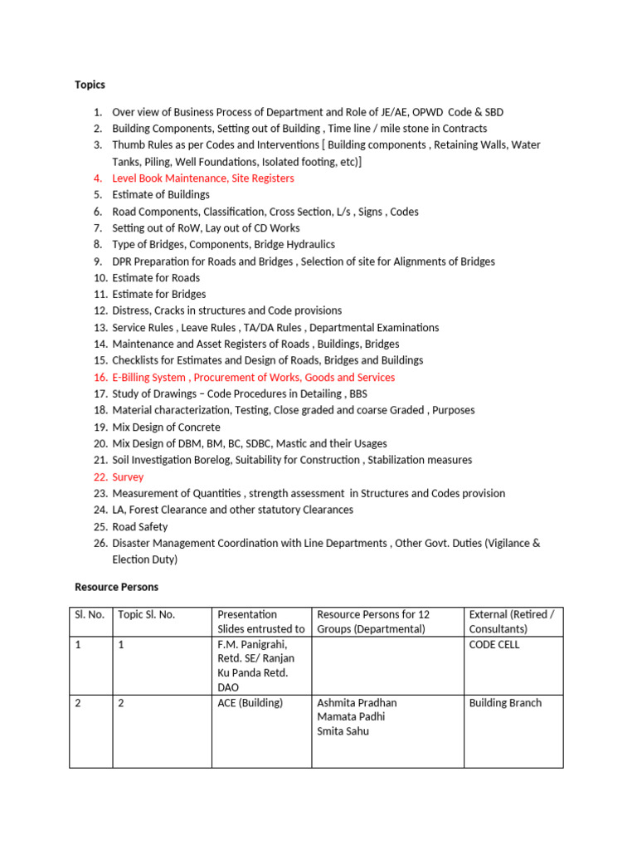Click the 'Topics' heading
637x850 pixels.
coord(90,85)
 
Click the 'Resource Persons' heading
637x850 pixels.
coord(116,587)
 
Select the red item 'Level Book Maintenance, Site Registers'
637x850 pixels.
coord(202,178)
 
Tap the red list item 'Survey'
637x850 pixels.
coord(128,477)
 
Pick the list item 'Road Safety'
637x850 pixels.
coord(139,527)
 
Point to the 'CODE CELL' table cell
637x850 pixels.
coord(494,645)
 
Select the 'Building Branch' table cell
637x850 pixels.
coord(505,703)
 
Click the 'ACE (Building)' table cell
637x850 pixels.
coord(250,703)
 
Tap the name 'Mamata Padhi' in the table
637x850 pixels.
coord(351,717)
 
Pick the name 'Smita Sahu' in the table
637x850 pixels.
coord(343,731)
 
